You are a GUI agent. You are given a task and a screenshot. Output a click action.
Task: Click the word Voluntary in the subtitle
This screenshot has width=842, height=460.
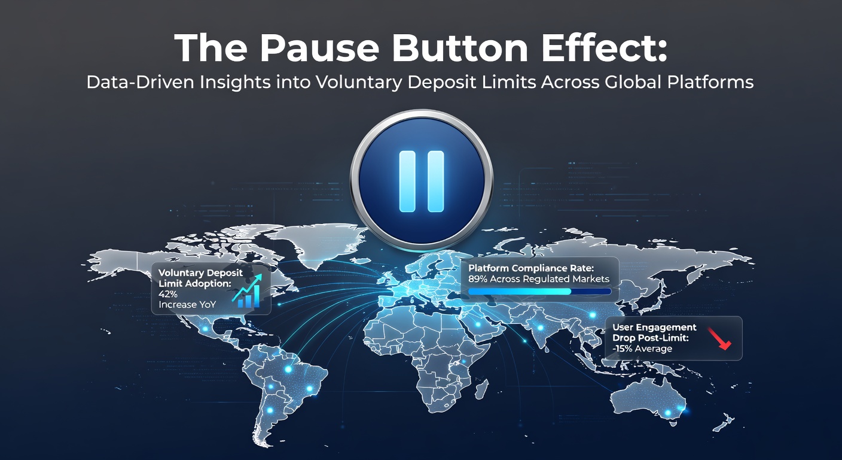click(x=359, y=83)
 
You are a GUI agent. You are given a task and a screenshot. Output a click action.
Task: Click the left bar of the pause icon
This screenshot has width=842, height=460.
click(x=407, y=181)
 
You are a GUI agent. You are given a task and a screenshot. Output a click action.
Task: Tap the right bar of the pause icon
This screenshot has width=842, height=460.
click(x=436, y=181)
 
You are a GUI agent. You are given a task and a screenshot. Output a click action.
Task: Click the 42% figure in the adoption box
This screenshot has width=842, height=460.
click(x=167, y=294)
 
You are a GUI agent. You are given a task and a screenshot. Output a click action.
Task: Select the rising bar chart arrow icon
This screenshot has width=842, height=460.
click(x=246, y=291)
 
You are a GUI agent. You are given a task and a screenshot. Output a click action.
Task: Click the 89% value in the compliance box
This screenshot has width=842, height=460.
click(x=478, y=279)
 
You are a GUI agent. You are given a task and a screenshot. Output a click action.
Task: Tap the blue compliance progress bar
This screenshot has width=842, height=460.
click(x=539, y=291)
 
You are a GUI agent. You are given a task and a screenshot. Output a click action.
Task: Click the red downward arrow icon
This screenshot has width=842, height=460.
click(x=719, y=338)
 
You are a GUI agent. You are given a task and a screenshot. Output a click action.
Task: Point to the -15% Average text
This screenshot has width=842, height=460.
click(x=642, y=349)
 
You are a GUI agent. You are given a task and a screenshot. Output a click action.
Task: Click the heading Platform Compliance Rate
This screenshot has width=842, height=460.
click(x=531, y=268)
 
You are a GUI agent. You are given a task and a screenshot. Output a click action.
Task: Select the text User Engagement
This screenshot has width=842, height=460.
click(x=654, y=327)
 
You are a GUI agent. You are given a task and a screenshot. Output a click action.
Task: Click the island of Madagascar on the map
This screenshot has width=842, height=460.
click(x=481, y=389)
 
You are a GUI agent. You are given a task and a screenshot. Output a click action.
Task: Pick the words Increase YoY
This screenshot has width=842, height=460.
click(x=187, y=304)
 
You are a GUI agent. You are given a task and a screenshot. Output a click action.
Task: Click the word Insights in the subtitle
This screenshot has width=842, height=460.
click(x=235, y=83)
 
